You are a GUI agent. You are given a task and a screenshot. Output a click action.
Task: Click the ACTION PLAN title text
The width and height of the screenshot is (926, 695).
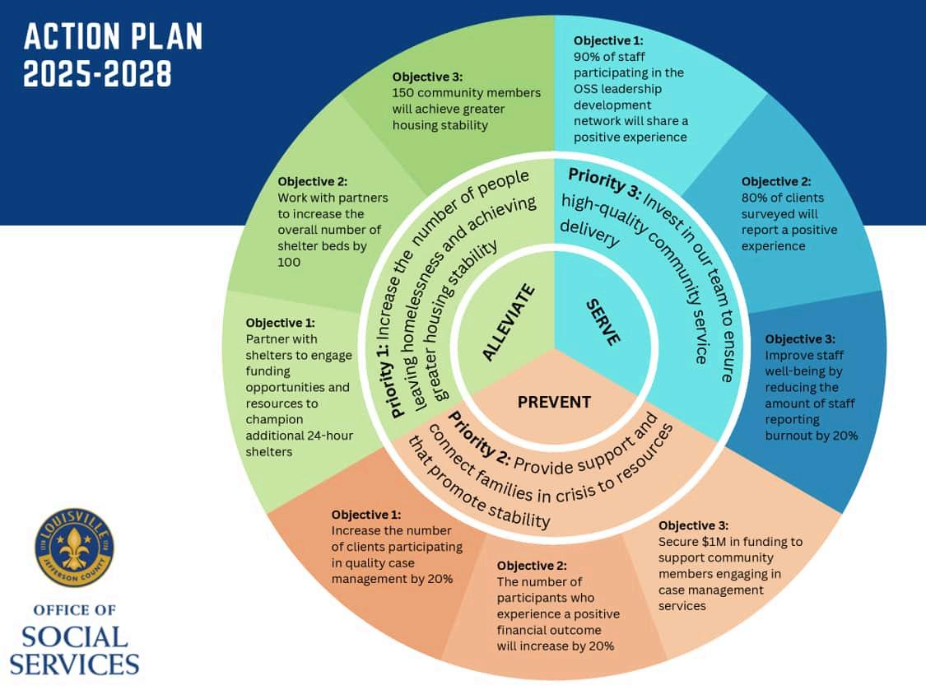[x=113, y=37]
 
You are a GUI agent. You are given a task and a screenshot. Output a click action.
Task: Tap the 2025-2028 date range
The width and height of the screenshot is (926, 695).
[x=98, y=73]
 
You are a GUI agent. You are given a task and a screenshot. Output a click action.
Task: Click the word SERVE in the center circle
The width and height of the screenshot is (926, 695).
[x=603, y=322]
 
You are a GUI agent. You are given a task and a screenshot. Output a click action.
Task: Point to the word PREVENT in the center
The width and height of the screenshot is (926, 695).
[x=554, y=402]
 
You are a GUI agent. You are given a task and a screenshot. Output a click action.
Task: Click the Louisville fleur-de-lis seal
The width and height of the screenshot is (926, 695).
[x=74, y=548]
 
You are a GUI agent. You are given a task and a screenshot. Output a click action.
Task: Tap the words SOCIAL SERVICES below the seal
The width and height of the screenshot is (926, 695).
[x=81, y=651]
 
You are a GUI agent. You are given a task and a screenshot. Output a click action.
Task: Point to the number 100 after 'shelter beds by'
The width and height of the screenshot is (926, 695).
[x=289, y=261]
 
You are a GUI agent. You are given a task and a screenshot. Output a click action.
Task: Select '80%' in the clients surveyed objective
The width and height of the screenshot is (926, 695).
[x=756, y=198]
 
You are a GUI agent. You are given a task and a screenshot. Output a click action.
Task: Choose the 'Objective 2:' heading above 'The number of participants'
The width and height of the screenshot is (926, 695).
[x=532, y=566]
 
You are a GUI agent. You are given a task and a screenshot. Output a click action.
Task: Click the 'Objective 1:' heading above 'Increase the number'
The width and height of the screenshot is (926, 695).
[x=366, y=515]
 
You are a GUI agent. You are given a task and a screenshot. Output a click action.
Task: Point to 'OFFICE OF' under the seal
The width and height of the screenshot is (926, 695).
[x=74, y=610]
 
